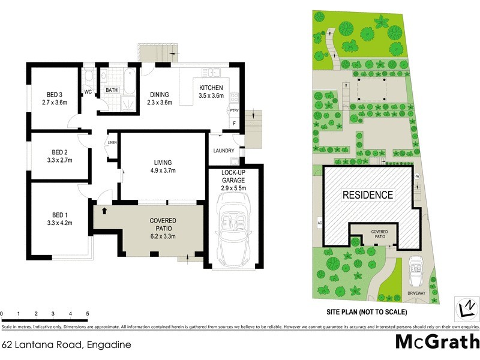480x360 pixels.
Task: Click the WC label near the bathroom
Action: (x=88, y=92)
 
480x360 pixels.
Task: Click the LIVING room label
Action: (x=162, y=163)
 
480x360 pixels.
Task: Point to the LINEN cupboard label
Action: (x=112, y=142)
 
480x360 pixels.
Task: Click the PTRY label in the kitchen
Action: (x=235, y=110)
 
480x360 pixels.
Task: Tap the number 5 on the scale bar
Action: (x=88, y=314)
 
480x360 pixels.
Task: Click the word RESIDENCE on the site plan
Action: (x=368, y=195)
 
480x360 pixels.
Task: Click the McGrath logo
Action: (x=436, y=342)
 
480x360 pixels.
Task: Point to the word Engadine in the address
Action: (x=109, y=345)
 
